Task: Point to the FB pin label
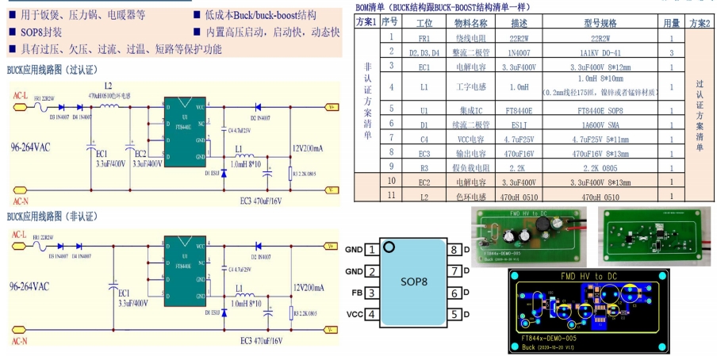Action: tap(355, 293)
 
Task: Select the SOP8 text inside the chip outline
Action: tap(413, 281)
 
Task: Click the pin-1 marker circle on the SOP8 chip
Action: tap(388, 247)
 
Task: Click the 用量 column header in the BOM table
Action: tap(671, 22)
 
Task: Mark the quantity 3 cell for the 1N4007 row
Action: tap(671, 52)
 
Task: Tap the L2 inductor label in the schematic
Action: tap(108, 85)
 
